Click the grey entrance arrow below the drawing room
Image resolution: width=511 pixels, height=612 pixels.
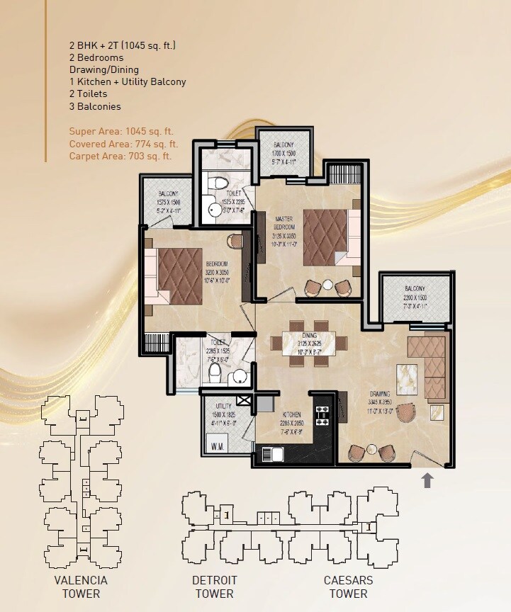[427, 481]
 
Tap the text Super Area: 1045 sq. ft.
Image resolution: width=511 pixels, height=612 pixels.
[121, 131]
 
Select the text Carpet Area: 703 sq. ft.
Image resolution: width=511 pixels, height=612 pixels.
[120, 156]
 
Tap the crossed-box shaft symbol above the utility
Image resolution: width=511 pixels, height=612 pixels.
[245, 401]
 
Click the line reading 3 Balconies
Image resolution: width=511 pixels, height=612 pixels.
[95, 106]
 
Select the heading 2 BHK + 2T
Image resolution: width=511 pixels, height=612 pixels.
[123, 45]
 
